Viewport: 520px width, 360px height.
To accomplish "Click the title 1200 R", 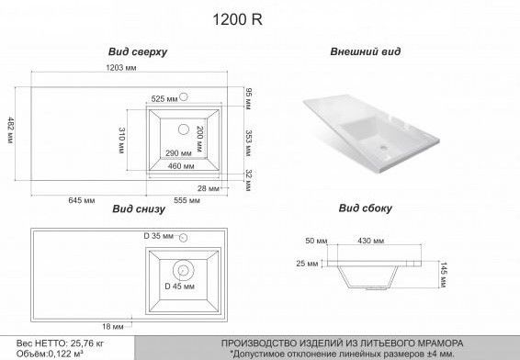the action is tap(237, 19).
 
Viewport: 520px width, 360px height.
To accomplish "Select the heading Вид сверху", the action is tap(138, 52).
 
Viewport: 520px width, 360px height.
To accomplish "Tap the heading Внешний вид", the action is tap(366, 51).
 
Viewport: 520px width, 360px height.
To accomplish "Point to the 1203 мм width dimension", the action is tap(121, 68).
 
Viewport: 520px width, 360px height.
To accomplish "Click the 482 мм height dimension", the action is tap(11, 129).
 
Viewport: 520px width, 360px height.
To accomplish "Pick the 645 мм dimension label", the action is tap(82, 200).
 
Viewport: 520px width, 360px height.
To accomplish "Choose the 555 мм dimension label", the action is tap(187, 200).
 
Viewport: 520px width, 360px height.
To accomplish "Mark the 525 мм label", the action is tap(164, 99).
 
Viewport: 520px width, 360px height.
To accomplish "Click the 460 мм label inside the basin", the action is tap(181, 165).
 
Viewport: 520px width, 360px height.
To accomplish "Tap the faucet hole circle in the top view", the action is tap(183, 96).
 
